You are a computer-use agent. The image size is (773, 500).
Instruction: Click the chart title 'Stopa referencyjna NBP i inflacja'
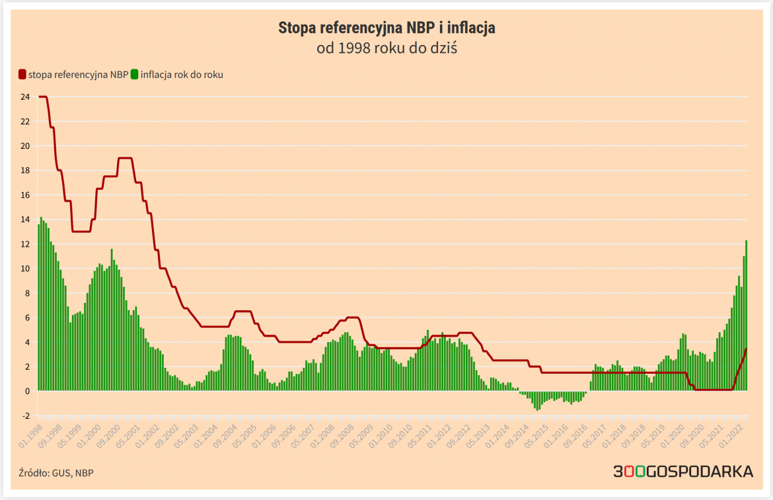click(386, 28)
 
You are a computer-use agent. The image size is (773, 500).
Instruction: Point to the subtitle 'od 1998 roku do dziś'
click(386, 48)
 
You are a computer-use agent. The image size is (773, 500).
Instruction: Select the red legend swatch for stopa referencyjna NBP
click(22, 75)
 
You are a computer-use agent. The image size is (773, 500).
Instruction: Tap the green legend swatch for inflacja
click(135, 75)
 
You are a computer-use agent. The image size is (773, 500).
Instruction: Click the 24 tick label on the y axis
click(24, 97)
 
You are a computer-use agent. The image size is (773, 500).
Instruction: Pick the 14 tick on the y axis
click(24, 220)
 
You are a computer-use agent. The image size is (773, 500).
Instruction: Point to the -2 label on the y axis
click(25, 416)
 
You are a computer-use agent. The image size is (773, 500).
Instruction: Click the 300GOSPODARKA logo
click(683, 472)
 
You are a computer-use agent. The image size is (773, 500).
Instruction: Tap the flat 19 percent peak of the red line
click(125, 158)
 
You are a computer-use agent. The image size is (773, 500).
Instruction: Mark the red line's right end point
click(746, 349)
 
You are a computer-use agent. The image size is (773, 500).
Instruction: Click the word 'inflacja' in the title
click(471, 28)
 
